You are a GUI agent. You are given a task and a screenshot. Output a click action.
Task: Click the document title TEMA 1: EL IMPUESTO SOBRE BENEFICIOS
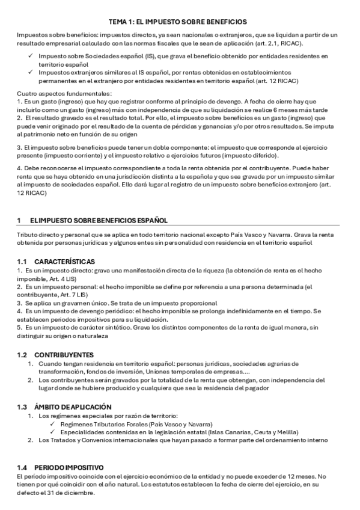point(180,20)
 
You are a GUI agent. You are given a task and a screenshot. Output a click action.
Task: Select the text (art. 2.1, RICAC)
point(277,44)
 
